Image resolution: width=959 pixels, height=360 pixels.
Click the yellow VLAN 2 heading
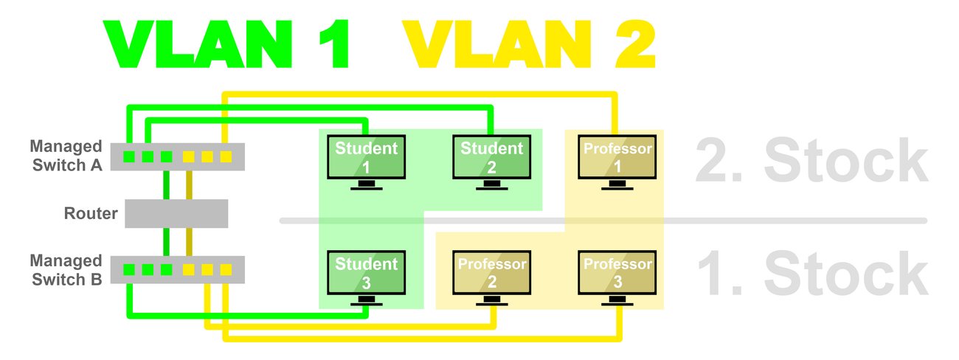click(530, 46)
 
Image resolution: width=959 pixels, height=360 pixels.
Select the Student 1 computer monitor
click(367, 157)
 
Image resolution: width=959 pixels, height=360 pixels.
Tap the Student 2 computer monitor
click(492, 157)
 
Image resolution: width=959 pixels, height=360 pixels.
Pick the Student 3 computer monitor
click(367, 272)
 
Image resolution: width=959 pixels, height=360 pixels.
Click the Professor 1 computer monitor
click(617, 157)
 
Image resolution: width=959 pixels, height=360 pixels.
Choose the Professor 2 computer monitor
click(492, 272)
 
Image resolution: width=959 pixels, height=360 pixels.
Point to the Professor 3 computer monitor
click(617, 272)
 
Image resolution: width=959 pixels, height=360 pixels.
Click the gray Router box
click(176, 213)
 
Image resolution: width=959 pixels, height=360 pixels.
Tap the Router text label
click(91, 214)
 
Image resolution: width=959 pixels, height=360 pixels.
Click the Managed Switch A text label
click(66, 156)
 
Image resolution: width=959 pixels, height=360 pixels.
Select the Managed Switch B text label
click(66, 270)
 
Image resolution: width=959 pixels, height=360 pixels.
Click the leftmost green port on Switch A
click(128, 156)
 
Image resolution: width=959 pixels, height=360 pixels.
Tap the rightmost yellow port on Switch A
click(226, 156)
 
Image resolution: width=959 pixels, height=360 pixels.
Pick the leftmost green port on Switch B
click(128, 270)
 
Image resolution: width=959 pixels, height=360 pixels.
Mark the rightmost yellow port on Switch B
click(226, 270)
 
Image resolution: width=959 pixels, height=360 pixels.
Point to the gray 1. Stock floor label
click(811, 273)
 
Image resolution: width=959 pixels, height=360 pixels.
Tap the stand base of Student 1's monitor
click(367, 187)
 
